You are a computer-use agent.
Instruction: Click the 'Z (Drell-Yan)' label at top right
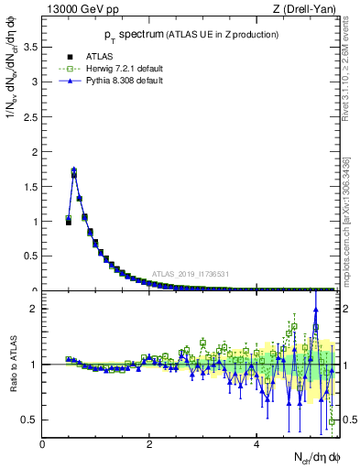pyautogui.click(x=303, y=9)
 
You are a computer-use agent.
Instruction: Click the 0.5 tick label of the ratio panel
pyautogui.click(x=30, y=420)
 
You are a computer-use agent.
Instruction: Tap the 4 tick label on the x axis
pyautogui.click(x=256, y=444)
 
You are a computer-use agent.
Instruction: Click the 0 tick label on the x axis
pyautogui.click(x=42, y=444)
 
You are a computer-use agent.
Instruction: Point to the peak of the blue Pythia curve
pyautogui.click(x=74, y=169)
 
